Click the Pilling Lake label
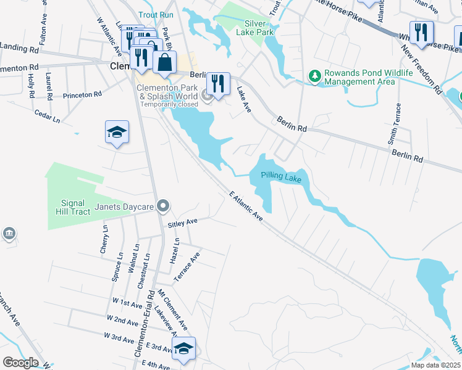tap(280, 177)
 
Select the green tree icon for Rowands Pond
tap(316, 75)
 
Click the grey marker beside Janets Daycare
tap(163, 205)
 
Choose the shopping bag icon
tap(165, 62)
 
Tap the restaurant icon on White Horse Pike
tap(421, 32)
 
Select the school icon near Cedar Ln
tap(117, 133)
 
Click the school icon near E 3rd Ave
tap(183, 349)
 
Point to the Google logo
tap(21, 363)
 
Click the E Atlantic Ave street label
tap(246, 207)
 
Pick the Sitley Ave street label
tap(182, 221)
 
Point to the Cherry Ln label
tap(104, 239)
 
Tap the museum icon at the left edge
tap(9, 234)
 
